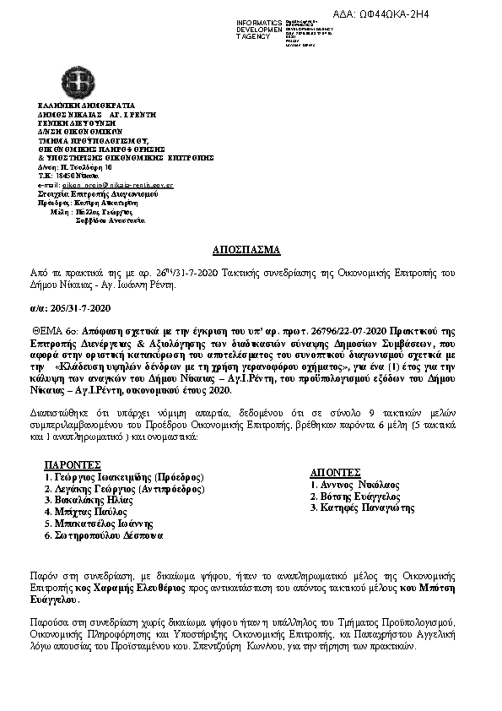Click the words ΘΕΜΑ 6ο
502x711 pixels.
(x=57, y=333)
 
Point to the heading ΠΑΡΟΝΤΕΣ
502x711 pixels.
(x=73, y=464)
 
